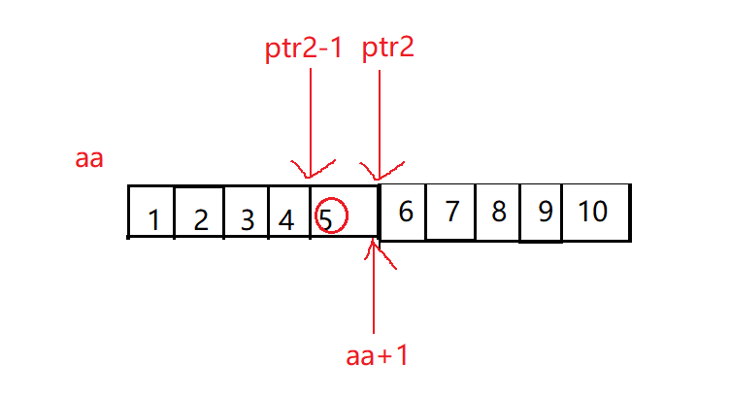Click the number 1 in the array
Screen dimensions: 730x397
[x=153, y=220]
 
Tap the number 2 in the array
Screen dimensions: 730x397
[x=200, y=220]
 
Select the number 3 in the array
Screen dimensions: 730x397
[x=247, y=220]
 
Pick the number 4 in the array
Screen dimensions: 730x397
[x=286, y=220]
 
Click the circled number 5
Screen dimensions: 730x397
[x=327, y=219]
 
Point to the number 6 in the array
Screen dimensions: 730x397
[x=407, y=212]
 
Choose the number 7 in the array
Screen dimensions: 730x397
[x=452, y=212]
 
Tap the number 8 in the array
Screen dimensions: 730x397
[x=498, y=212]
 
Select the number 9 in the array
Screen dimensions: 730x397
[x=545, y=212]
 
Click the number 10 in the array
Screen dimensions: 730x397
[x=593, y=212]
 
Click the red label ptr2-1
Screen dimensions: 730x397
[x=303, y=50]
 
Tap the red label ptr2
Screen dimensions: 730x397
[x=388, y=48]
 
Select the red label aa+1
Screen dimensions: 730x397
[x=378, y=355]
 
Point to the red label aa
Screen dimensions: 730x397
[x=89, y=159]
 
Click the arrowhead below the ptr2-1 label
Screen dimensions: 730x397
[x=309, y=171]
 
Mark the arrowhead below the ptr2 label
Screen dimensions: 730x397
[x=379, y=171]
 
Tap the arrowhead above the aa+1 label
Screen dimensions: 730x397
[x=374, y=250]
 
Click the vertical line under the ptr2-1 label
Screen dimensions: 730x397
[x=309, y=116]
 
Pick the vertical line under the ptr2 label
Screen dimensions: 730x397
[x=379, y=116]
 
